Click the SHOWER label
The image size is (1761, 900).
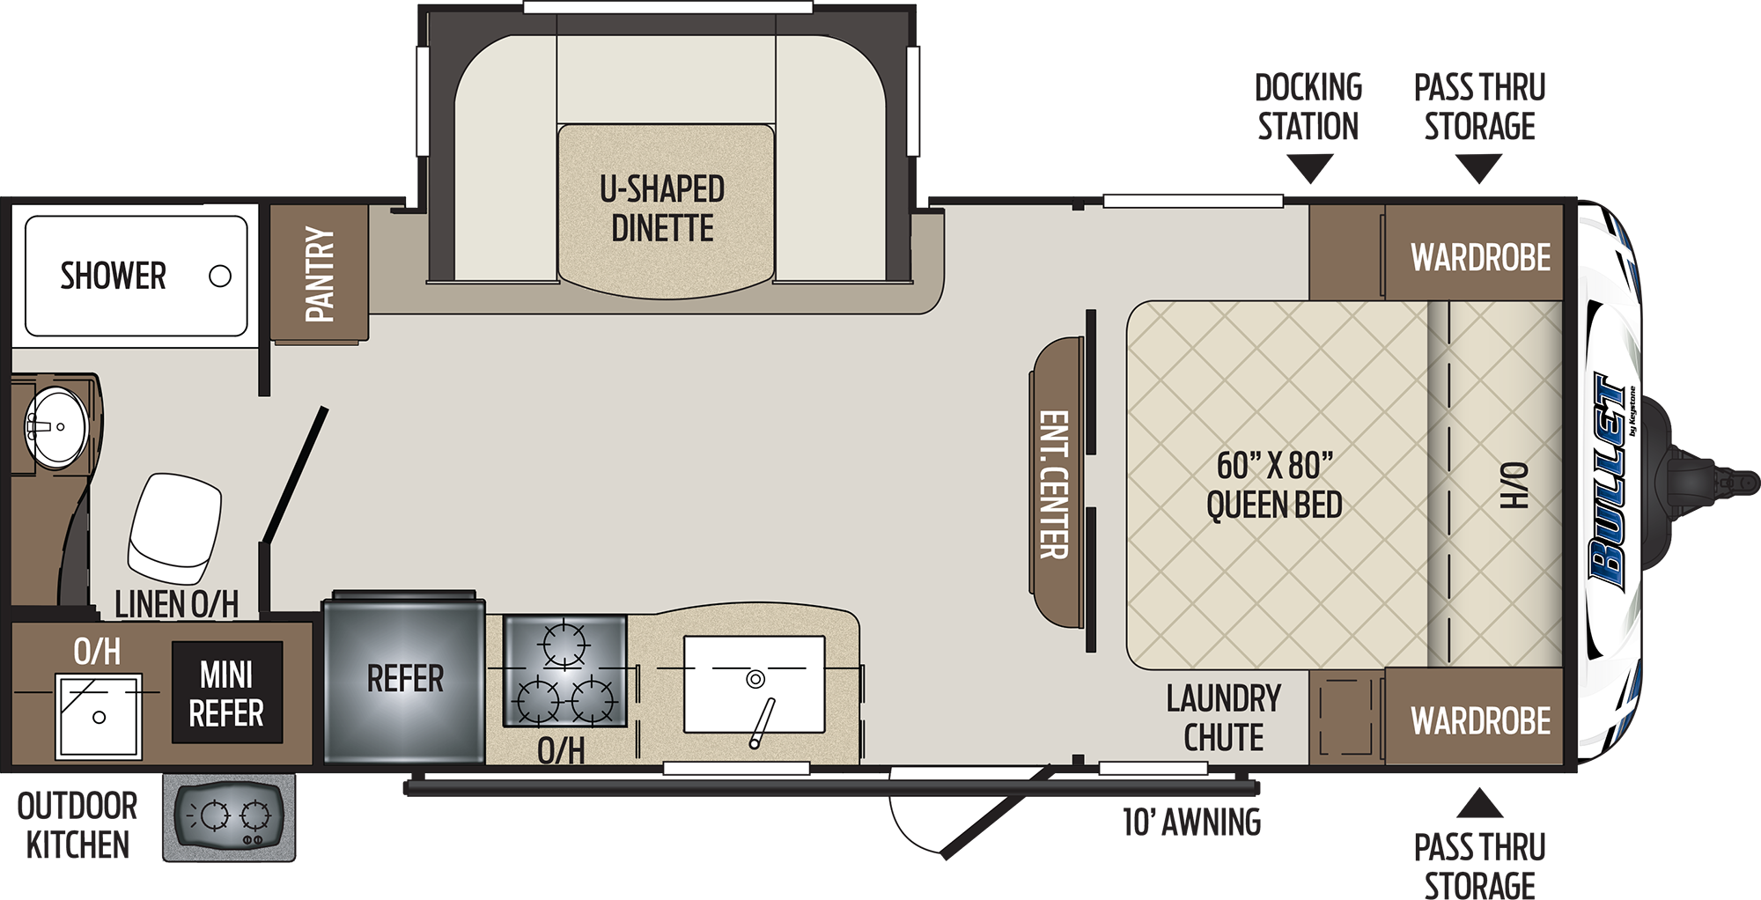[x=113, y=276]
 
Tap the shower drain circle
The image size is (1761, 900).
[x=220, y=277]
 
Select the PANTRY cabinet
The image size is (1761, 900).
[x=320, y=273]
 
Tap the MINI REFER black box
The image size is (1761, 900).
[x=227, y=693]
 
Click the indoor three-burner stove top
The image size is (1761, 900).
[x=564, y=671]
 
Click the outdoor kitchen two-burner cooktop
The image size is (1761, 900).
[x=229, y=817]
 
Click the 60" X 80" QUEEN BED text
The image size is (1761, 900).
[x=1274, y=485]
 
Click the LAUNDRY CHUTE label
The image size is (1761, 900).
[x=1223, y=718]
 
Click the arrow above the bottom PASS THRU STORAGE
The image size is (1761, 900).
[x=1480, y=803]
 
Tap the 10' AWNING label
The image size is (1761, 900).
[x=1191, y=823]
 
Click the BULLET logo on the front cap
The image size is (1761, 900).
[x=1610, y=481]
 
